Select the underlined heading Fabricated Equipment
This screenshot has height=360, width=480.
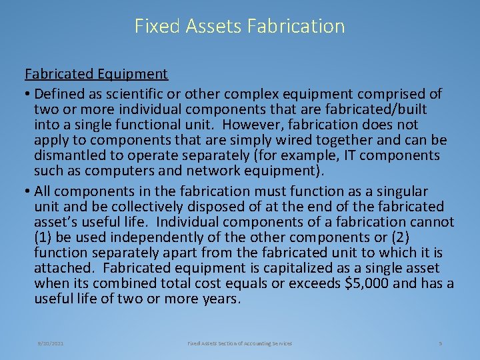[96, 73]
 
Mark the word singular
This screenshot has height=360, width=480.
[401, 191]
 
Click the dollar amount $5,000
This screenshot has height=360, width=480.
[372, 283]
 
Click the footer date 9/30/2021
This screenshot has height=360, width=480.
[51, 343]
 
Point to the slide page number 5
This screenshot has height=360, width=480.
[441, 343]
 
